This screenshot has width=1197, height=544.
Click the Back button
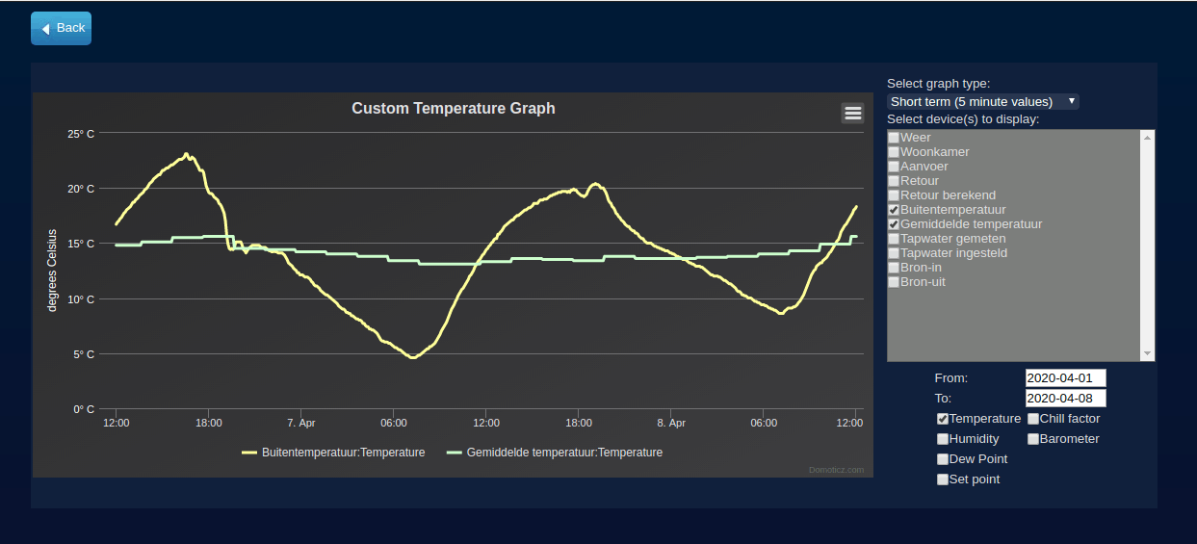click(61, 28)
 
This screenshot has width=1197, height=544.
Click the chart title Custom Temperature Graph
click(453, 109)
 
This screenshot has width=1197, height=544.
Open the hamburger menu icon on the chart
click(852, 114)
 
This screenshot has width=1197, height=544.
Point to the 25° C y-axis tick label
click(81, 134)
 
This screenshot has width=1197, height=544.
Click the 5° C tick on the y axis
click(84, 354)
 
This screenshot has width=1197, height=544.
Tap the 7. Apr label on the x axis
click(300, 423)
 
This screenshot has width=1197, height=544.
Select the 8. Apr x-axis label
click(671, 423)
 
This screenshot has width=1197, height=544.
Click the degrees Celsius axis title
click(53, 271)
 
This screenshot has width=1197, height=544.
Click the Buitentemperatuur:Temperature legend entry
click(333, 453)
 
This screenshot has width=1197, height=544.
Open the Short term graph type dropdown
click(982, 101)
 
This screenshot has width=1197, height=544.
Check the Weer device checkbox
click(894, 138)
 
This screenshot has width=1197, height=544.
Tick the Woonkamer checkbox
click(894, 152)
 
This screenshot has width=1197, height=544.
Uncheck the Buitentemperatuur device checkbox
click(894, 210)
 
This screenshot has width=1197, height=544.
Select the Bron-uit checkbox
click(894, 282)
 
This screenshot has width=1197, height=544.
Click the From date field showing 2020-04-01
click(1065, 377)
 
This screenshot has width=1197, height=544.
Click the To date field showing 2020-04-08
click(1065, 398)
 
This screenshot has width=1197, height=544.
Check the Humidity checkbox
click(943, 439)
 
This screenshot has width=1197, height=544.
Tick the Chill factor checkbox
click(1033, 419)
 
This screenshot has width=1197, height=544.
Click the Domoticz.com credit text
click(836, 470)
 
